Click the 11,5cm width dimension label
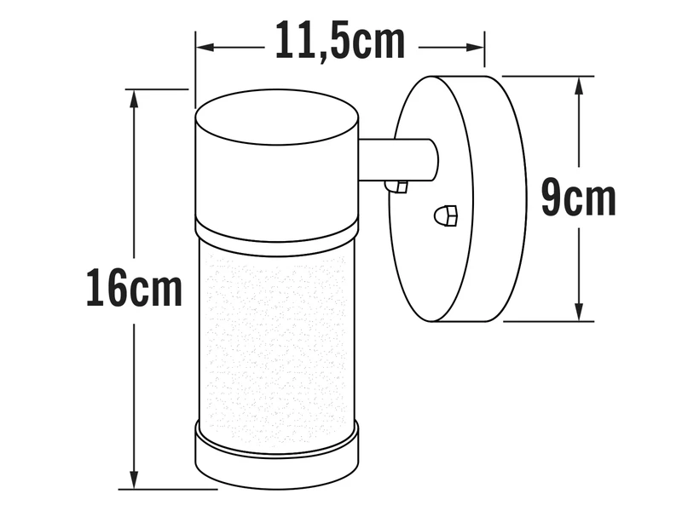pyautogui.click(x=339, y=40)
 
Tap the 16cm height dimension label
pyautogui.click(x=134, y=289)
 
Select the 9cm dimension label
pyautogui.click(x=578, y=198)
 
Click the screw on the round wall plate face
pyautogui.click(x=446, y=216)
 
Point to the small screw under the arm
pyautogui.click(x=396, y=186)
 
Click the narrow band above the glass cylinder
pyautogui.click(x=276, y=238)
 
